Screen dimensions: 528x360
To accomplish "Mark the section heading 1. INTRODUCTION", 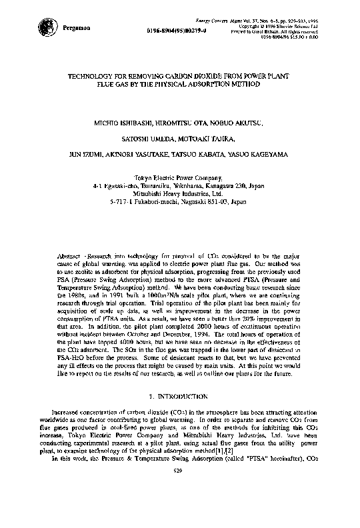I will click(180, 396).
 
